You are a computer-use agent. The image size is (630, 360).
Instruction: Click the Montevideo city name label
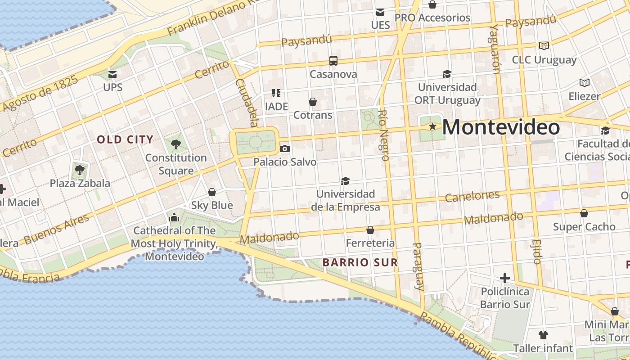point(501,127)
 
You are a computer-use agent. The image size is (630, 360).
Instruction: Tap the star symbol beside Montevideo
point(432,127)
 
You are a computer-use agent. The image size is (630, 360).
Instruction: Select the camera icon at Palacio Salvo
point(284,148)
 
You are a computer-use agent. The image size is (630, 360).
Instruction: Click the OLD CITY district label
point(125,139)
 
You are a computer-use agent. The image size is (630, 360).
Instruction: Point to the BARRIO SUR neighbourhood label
point(360,262)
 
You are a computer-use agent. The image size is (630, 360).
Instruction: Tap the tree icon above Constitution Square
point(176,144)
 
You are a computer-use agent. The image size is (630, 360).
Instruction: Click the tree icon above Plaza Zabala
point(80,170)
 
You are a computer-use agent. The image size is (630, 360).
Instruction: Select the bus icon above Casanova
point(333,61)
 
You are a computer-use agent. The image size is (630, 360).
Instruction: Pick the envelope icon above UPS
point(112,74)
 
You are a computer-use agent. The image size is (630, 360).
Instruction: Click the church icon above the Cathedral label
point(174,218)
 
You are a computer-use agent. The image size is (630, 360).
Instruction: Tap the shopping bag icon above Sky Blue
point(212,192)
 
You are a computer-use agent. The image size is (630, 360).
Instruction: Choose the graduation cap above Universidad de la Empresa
point(345,181)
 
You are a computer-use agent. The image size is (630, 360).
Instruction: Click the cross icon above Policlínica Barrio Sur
point(505,278)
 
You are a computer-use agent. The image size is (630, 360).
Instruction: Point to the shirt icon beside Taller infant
point(543,335)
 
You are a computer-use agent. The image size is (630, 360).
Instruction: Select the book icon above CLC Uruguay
point(544,46)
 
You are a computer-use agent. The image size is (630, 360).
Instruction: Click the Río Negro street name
point(383,135)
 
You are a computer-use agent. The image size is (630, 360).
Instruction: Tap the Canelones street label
point(472,196)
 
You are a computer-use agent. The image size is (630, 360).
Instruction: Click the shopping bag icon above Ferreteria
point(370,230)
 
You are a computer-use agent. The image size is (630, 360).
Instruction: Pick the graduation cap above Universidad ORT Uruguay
point(447,74)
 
